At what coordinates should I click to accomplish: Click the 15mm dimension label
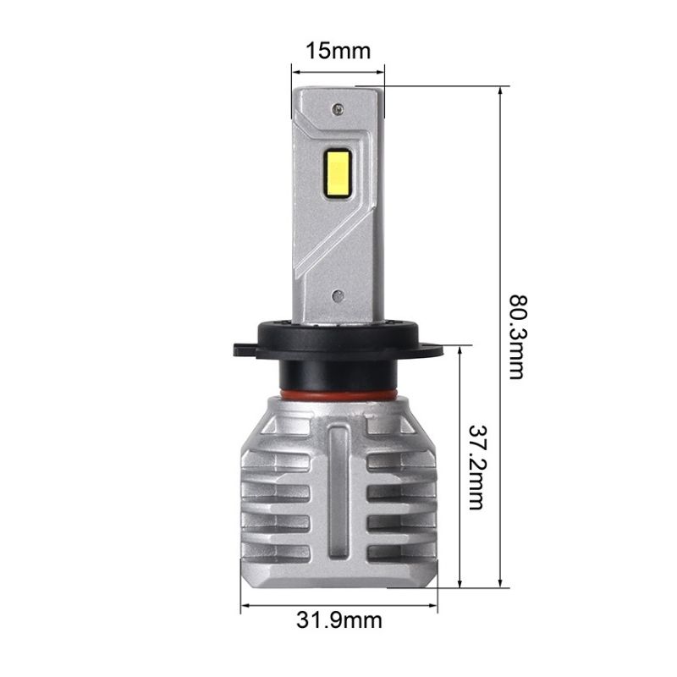click(338, 51)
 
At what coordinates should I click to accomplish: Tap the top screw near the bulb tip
click(338, 107)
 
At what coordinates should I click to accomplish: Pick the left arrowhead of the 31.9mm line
click(246, 605)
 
